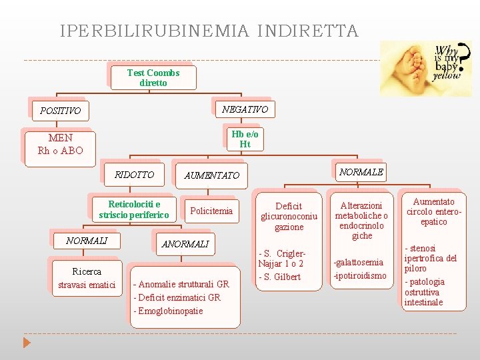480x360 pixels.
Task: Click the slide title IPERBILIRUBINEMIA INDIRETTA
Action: point(209,31)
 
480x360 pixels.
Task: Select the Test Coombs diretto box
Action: point(153,78)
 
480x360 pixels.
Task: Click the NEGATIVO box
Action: point(245,109)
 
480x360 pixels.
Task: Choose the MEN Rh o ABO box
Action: point(61,144)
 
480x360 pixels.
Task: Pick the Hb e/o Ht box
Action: point(245,139)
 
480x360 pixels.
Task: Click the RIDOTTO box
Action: point(134,175)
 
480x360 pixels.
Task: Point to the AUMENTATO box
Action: point(211,175)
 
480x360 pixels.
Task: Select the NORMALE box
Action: point(361,172)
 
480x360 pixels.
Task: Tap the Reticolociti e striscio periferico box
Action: point(134,209)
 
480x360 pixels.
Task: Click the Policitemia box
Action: point(211,211)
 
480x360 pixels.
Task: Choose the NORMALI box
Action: point(87,241)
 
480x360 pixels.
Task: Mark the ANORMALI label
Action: point(185,244)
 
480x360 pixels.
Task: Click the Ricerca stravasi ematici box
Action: point(87,279)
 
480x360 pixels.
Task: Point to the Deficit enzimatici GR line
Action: point(177,297)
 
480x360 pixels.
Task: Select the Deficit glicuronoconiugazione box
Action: point(289,217)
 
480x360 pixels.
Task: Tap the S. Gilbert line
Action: point(280,277)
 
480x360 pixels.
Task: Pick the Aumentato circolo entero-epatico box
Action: point(434,211)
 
